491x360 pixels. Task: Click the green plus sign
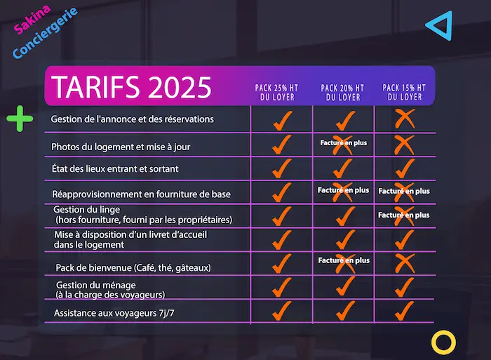pos(20,119)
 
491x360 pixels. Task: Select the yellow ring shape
pos(443,342)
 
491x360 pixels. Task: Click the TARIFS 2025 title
pos(132,87)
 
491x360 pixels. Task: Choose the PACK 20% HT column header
pos(342,92)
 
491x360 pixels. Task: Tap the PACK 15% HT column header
pos(404,92)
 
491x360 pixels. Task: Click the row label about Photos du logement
pos(121,147)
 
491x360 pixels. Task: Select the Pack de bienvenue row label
pos(133,267)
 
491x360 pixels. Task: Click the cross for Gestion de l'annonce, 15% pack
pos(405,119)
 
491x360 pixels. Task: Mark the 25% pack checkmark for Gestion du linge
pos(281,215)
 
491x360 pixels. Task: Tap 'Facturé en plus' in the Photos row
pos(343,143)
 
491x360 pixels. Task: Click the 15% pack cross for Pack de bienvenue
pos(405,262)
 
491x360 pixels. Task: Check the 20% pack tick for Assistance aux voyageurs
pos(343,309)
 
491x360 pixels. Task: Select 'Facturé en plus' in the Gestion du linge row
pos(404,215)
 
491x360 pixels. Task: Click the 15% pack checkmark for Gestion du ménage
pos(405,286)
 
